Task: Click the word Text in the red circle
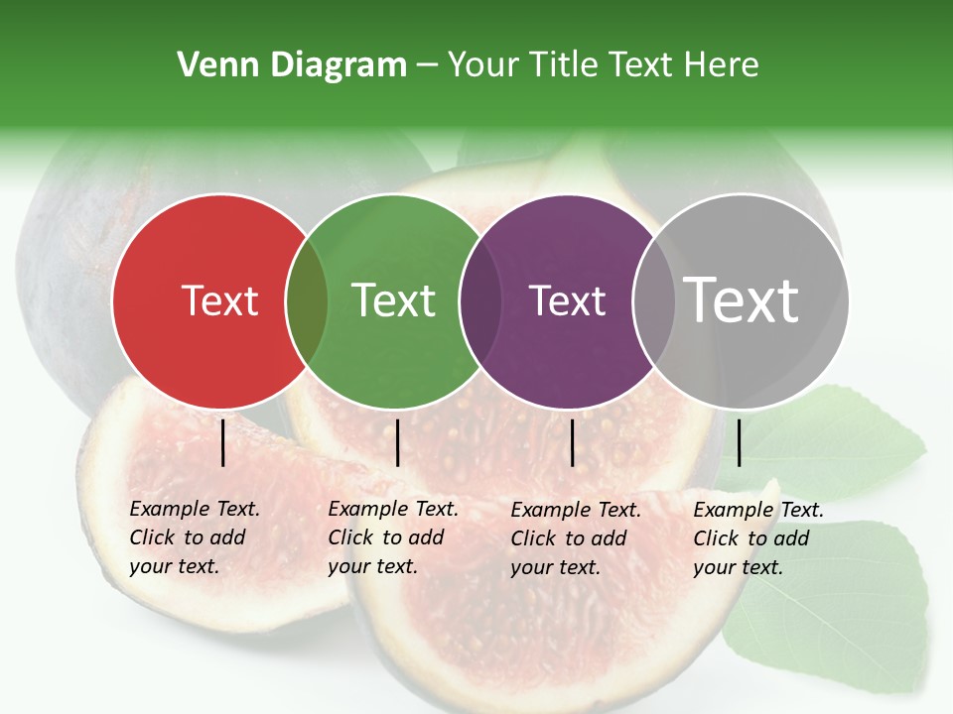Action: pyautogui.click(x=219, y=300)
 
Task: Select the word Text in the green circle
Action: pyautogui.click(x=394, y=300)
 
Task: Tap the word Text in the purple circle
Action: pyautogui.click(x=567, y=300)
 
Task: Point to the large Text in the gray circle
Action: pyautogui.click(x=742, y=299)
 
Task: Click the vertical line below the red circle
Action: pyautogui.click(x=223, y=442)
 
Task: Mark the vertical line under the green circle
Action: pyautogui.click(x=397, y=442)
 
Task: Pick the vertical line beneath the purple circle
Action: pyautogui.click(x=572, y=442)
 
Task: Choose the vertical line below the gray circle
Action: pyautogui.click(x=740, y=442)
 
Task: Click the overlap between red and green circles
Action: pyautogui.click(x=307, y=300)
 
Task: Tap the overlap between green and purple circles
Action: pyautogui.click(x=480, y=300)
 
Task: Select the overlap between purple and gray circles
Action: pyautogui.click(x=653, y=300)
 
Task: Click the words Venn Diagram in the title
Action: pyautogui.click(x=292, y=65)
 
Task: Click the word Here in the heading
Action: pyautogui.click(x=724, y=65)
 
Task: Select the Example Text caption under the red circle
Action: pyautogui.click(x=194, y=537)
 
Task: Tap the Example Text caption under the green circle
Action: pyautogui.click(x=392, y=537)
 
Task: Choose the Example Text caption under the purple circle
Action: pyautogui.click(x=575, y=538)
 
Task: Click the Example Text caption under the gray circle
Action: pyautogui.click(x=757, y=538)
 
